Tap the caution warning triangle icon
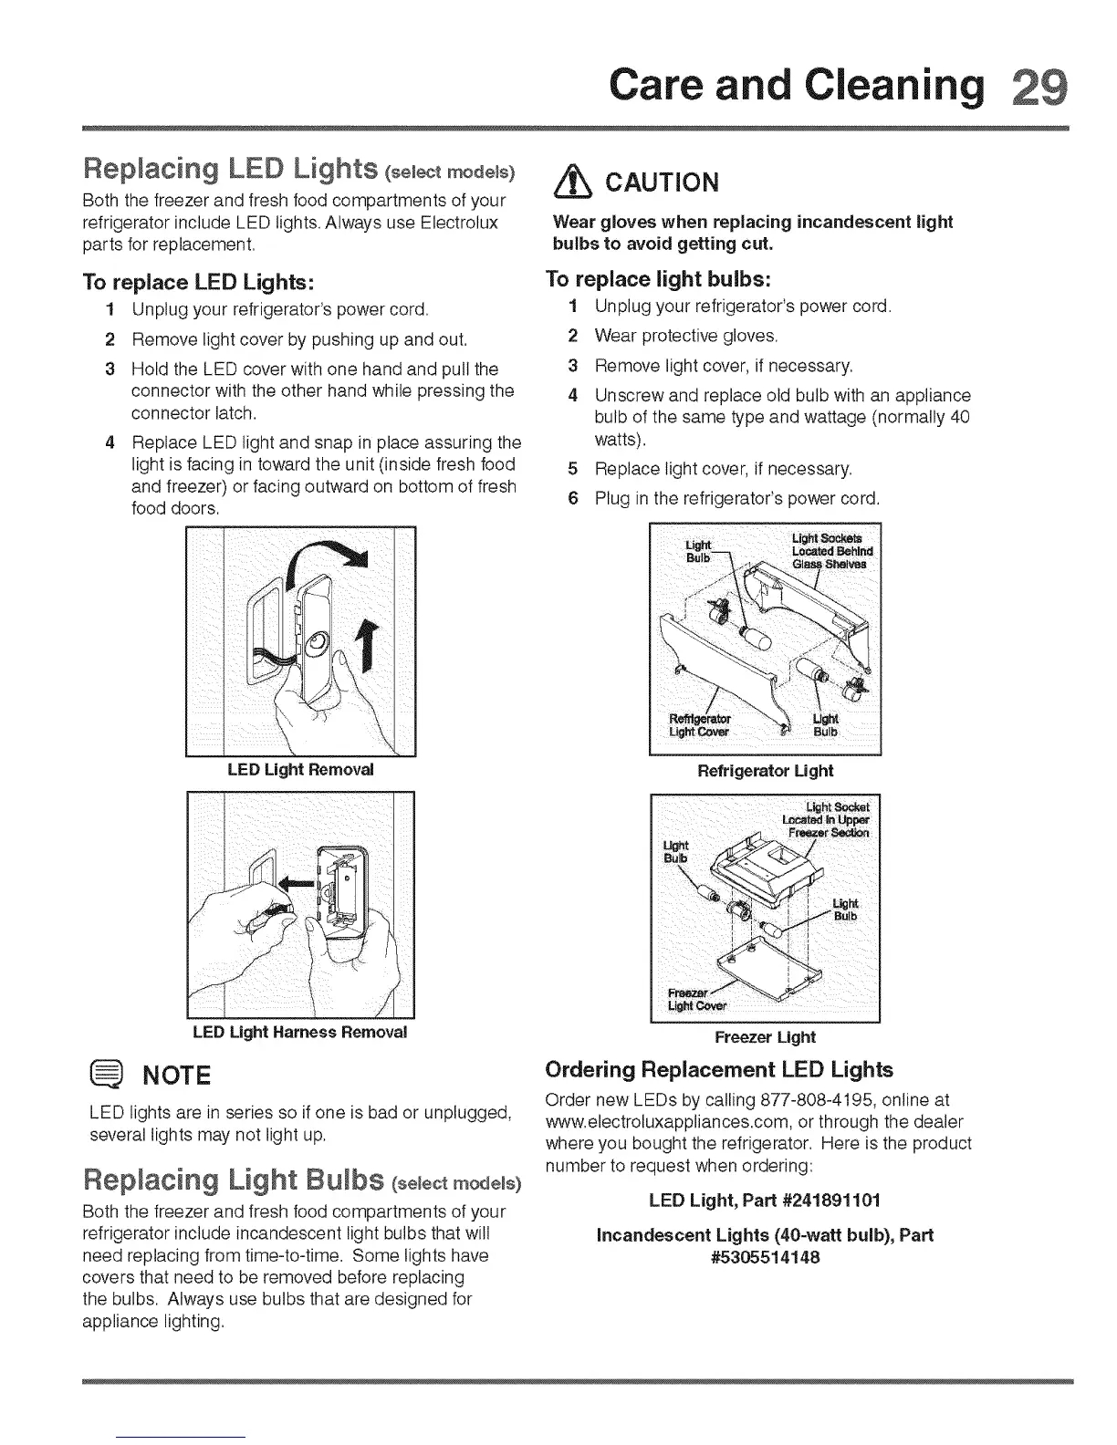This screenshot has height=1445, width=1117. pos(568,183)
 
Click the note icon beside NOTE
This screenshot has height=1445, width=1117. pos(109,1074)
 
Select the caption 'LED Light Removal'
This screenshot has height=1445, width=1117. pos(300,769)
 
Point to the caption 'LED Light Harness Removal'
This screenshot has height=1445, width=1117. pos(300,1032)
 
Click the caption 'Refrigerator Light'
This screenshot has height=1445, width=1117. pos(765,771)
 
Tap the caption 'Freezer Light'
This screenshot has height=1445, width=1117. pos(765,1037)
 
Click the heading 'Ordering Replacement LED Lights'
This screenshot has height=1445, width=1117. pos(718,1069)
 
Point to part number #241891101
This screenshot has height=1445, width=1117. pos(831,1199)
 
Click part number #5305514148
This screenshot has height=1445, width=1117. pos(765,1257)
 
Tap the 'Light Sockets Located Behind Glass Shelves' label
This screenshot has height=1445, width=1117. pos(832,550)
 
